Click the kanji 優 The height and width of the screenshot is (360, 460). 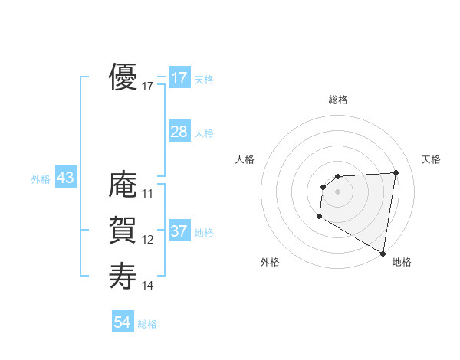[123, 77]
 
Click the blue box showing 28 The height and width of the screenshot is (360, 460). [179, 132]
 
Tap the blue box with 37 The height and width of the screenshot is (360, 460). [179, 231]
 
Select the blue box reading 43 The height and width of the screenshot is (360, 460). [65, 178]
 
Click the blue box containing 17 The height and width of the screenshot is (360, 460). [179, 78]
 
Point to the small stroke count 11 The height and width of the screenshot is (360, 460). [148, 194]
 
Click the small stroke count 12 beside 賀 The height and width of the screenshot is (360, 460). [148, 240]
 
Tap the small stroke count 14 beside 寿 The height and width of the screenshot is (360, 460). [148, 286]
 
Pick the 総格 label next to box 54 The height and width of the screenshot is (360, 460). [147, 324]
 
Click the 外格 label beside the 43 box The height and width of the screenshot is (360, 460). [41, 179]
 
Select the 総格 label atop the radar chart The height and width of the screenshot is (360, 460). [338, 100]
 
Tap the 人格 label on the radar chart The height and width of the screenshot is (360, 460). [245, 159]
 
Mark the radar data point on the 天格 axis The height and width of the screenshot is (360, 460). [396, 172]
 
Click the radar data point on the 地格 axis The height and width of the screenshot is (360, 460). [383, 253]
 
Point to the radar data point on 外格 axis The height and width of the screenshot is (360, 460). [319, 218]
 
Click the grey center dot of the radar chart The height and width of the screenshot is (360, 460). [338, 191]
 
